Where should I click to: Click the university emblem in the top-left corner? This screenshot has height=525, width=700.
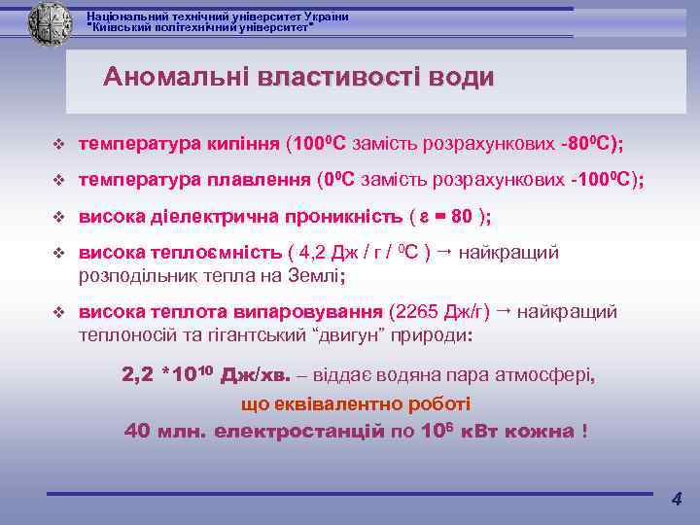(x=50, y=20)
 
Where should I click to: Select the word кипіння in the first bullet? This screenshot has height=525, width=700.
(x=243, y=145)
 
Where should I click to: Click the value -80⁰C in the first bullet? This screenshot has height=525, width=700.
(x=584, y=145)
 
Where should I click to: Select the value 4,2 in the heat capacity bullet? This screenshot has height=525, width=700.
(x=314, y=253)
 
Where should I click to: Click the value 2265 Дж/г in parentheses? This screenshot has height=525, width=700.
(x=439, y=312)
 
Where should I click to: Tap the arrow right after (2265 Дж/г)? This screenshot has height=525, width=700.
(x=504, y=311)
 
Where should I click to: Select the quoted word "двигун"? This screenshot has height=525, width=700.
(x=348, y=335)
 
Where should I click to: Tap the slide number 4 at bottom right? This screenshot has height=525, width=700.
(x=677, y=500)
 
